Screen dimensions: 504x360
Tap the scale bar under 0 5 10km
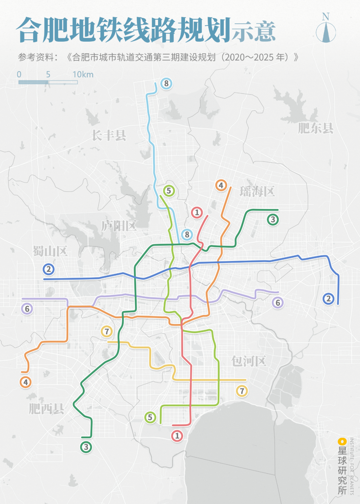point(48,82)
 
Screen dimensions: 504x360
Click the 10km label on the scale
point(83,74)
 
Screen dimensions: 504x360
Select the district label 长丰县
point(109,135)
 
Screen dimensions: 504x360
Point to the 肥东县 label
point(315,128)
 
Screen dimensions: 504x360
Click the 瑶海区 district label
point(257,191)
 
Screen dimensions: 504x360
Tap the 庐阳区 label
point(119,226)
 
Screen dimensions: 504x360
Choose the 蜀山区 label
point(50,251)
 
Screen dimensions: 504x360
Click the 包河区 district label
point(249,361)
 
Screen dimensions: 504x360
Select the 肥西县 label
point(46,408)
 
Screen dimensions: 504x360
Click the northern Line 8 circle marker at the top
point(166,83)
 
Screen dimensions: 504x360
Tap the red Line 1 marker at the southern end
point(177,436)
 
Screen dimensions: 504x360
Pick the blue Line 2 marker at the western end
point(49,269)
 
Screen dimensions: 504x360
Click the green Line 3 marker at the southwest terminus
point(86,447)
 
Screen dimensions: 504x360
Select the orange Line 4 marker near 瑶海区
point(221,185)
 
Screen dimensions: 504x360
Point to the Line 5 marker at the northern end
point(169,191)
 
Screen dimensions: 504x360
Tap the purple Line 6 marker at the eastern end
point(278,303)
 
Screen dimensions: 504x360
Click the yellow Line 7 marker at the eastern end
point(242,391)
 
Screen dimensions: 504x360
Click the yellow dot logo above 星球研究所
point(342,442)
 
